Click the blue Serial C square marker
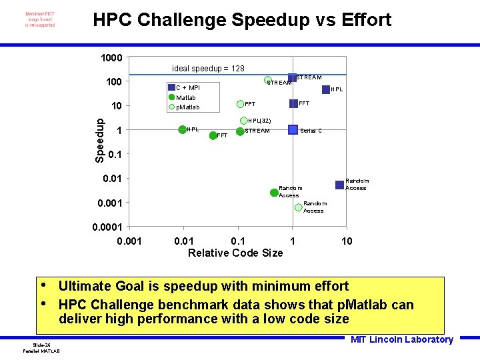point(293,129)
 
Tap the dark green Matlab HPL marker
point(182,129)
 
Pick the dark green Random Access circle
point(274,193)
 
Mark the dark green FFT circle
point(213,135)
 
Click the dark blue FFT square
point(293,103)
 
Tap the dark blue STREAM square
point(291,78)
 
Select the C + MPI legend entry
point(187,88)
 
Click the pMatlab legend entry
point(186,107)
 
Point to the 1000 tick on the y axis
point(111,58)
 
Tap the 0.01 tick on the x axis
point(184,241)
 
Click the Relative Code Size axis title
point(235,253)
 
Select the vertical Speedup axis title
point(99,140)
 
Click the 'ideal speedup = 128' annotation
point(208,69)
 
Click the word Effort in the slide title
point(366,20)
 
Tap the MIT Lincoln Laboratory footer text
point(401,339)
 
